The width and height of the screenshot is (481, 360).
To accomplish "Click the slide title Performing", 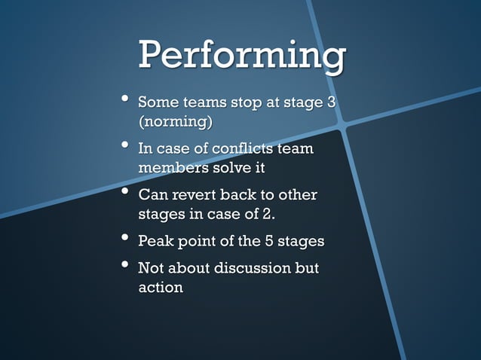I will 241,56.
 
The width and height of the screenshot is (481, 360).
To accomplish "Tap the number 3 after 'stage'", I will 330,102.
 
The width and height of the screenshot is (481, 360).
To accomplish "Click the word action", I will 160,288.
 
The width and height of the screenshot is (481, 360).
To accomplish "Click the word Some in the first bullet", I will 158,102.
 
